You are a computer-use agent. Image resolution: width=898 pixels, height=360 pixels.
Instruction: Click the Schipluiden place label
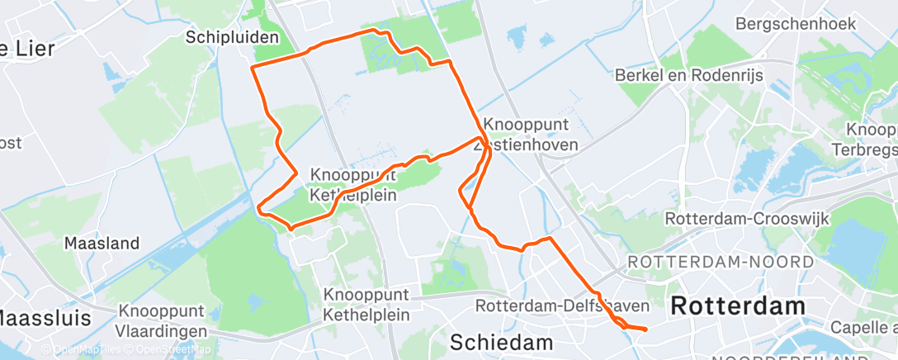click(x=233, y=37)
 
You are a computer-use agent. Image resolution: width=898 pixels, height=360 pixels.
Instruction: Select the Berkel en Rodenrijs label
click(x=689, y=75)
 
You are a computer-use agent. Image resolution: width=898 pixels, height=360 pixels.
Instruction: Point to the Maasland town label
click(x=102, y=244)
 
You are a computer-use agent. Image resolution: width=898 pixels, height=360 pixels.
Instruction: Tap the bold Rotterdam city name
click(x=737, y=306)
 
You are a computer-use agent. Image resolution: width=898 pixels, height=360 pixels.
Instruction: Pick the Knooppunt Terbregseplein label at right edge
click(x=872, y=140)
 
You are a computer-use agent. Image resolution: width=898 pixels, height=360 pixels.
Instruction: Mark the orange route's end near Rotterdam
click(x=645, y=329)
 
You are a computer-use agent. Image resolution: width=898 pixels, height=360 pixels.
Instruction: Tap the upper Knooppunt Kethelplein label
click(x=354, y=185)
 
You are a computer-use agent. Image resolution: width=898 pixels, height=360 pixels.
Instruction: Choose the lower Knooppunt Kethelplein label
click(x=366, y=302)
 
